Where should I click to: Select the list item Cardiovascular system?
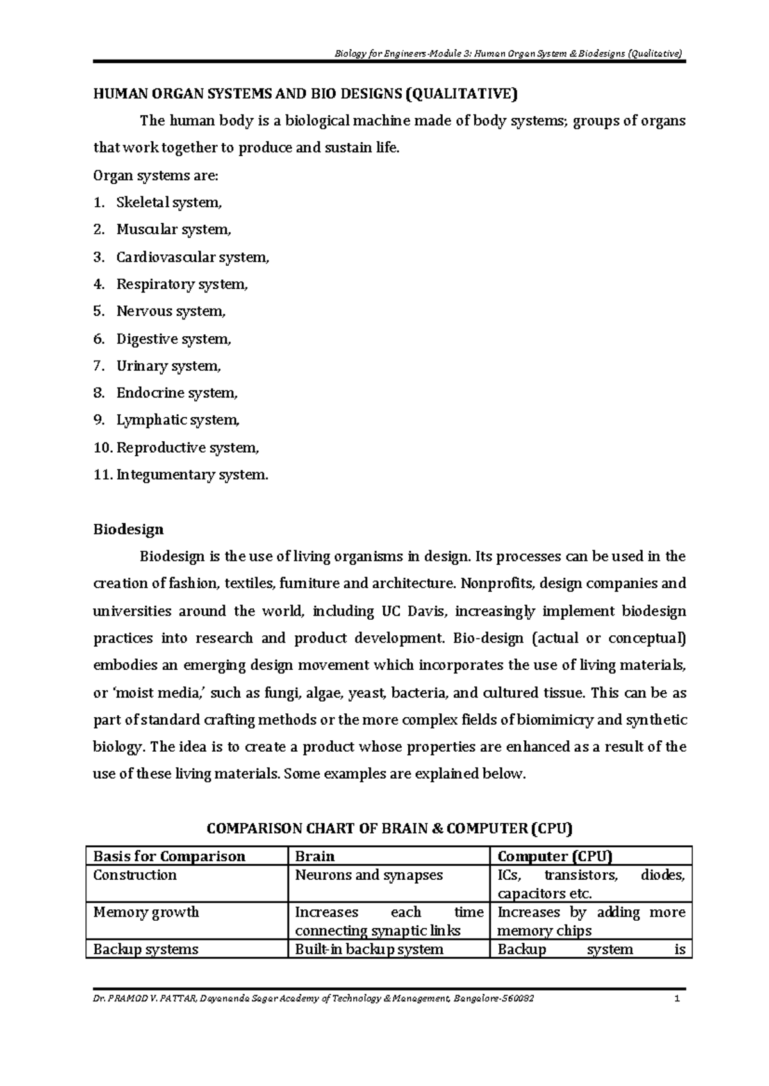tap(192, 257)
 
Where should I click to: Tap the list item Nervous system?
tap(171, 312)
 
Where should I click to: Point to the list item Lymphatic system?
tap(178, 420)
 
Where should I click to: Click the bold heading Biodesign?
tap(128, 530)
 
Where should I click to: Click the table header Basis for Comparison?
tap(169, 857)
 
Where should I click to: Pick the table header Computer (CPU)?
tap(555, 857)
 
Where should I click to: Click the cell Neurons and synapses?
tap(368, 875)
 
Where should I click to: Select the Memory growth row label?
tap(146, 912)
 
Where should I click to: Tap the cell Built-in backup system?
tap(368, 950)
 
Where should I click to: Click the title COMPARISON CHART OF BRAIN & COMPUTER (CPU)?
tap(389, 829)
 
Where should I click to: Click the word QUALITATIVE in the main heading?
tap(460, 94)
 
